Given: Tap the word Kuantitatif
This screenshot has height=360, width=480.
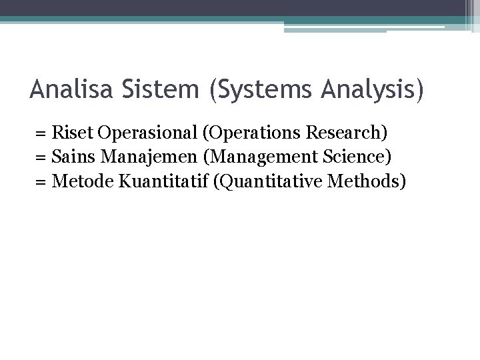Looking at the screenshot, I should coord(156,182).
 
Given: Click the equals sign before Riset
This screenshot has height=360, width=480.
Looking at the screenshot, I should coord(42,133).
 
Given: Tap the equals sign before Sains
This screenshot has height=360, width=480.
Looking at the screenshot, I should coord(42,158).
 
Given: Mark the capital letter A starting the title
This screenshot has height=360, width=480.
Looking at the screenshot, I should coord(37,89).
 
